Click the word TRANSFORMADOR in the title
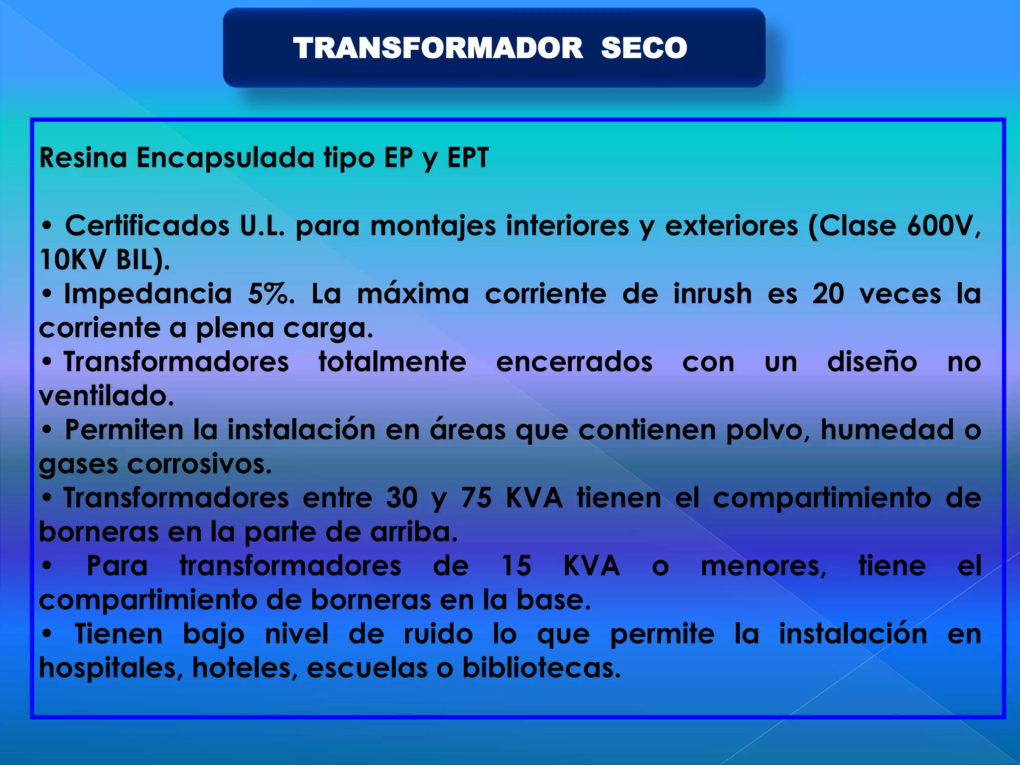click(x=438, y=48)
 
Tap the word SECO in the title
click(x=644, y=48)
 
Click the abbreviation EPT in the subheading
click(x=468, y=158)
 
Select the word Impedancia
click(x=148, y=294)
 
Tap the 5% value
click(x=270, y=294)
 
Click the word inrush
click(x=712, y=294)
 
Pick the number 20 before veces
click(x=828, y=294)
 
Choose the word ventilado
click(x=106, y=396)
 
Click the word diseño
click(x=872, y=362)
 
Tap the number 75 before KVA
click(x=476, y=498)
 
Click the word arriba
click(x=413, y=532)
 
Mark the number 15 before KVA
click(x=516, y=566)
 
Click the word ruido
click(x=438, y=634)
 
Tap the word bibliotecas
click(x=541, y=668)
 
